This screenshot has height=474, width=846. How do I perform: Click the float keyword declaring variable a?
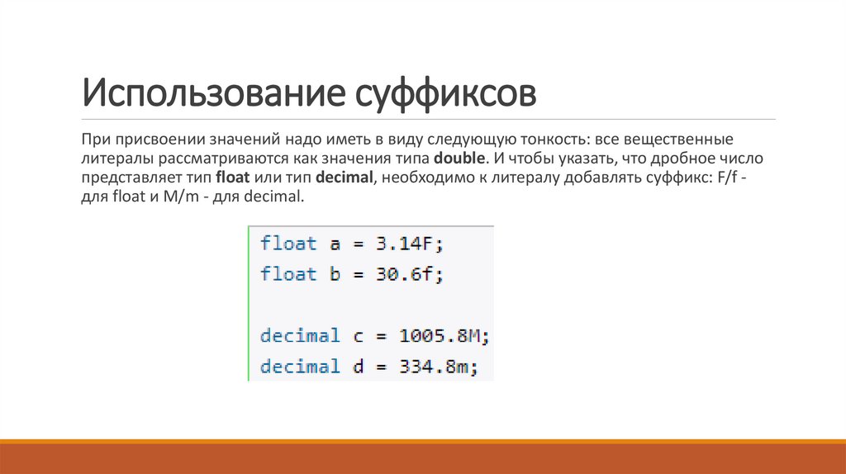pos(288,244)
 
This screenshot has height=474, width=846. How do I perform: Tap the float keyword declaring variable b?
pos(288,274)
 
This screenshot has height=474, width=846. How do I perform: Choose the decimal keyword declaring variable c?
pos(300,336)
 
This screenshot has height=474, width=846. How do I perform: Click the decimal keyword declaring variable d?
pos(300,367)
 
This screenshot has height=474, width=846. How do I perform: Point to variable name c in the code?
pos(358,336)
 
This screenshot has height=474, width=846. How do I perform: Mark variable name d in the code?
pos(358,367)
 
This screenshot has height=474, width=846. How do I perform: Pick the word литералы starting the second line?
pos(112,157)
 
